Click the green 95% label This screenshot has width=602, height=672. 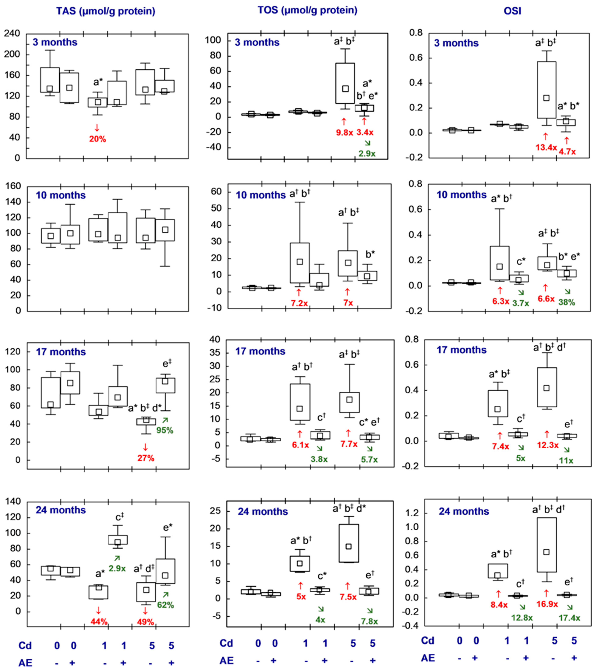click(165, 430)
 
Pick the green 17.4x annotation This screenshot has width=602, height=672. click(569, 618)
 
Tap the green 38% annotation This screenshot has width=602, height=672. click(567, 302)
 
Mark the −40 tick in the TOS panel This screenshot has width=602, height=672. click(213, 147)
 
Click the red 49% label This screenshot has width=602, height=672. click(146, 622)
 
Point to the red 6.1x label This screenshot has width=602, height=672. click(300, 445)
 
